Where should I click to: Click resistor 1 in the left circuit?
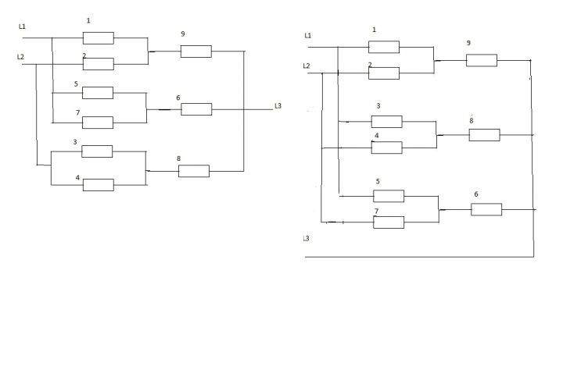[99, 38]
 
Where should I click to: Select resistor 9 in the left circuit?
[196, 52]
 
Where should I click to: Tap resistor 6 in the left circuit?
[196, 109]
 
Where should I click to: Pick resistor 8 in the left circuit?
[194, 171]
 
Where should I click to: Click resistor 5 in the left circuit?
[98, 93]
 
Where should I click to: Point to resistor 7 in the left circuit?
[98, 123]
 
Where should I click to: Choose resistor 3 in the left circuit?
[97, 151]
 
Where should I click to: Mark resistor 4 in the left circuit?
[99, 185]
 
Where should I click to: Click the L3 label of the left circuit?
[278, 105]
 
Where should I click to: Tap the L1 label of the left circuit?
[22, 27]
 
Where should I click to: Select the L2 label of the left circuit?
[21, 57]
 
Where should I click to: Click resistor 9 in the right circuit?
[482, 60]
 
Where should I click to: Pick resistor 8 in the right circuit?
[484, 135]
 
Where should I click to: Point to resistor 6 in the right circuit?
[486, 209]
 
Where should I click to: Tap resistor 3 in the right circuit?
[387, 122]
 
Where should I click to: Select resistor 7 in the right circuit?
[389, 222]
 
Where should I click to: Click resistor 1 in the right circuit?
[384, 47]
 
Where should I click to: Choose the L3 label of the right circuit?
[306, 238]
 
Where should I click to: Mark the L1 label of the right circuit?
[308, 35]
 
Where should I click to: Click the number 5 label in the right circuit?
[378, 181]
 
